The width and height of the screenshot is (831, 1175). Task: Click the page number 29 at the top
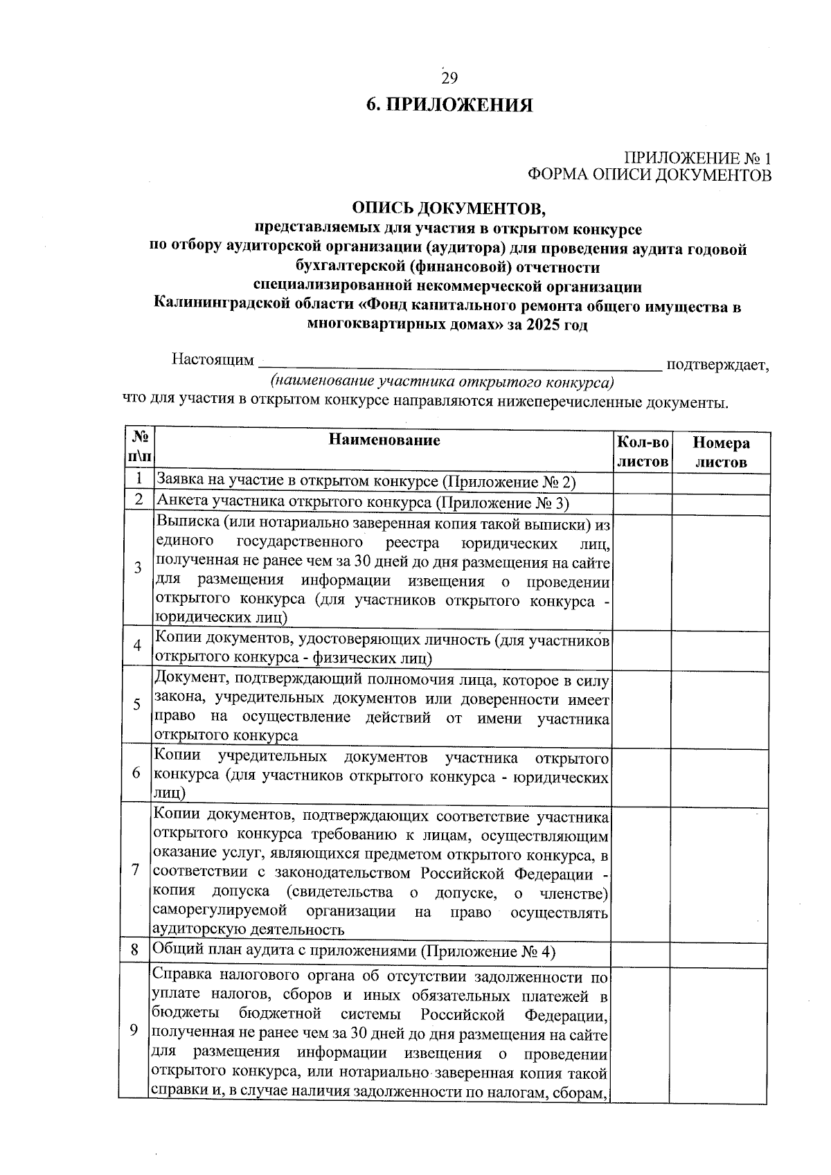(449, 78)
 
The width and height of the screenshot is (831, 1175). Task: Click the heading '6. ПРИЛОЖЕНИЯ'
(449, 105)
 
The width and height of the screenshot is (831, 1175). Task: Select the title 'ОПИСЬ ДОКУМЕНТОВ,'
(449, 208)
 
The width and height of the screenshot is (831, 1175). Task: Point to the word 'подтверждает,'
(717, 364)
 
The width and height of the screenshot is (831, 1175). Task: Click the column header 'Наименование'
(384, 440)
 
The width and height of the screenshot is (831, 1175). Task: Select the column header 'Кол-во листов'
(643, 451)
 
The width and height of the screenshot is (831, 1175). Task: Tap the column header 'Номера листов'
(721, 452)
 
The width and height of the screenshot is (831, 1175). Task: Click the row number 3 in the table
(138, 568)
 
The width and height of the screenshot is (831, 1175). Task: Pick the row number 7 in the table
(136, 870)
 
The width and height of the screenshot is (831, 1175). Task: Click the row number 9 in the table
(134, 1030)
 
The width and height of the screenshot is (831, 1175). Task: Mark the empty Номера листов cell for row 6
(719, 773)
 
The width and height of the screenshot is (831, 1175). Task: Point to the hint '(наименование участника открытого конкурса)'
(443, 382)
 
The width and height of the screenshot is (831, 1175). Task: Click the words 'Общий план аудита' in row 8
(215, 951)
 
